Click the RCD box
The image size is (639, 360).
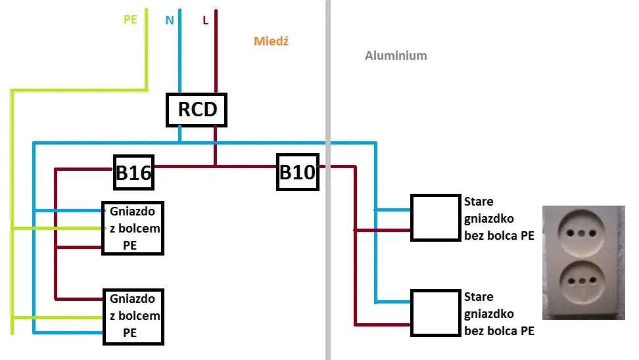(x=196, y=109)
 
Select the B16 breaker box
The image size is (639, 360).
(x=133, y=173)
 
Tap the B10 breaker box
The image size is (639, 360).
(x=297, y=173)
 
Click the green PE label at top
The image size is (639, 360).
(x=130, y=20)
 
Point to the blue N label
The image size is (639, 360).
(x=170, y=20)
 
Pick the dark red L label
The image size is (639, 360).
(x=206, y=20)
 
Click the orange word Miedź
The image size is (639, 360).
(x=271, y=41)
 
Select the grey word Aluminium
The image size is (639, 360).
(x=396, y=56)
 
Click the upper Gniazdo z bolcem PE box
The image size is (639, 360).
(x=132, y=228)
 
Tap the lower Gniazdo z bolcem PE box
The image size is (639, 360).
(x=132, y=316)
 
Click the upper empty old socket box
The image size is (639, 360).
(x=435, y=217)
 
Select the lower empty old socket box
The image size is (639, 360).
(x=435, y=313)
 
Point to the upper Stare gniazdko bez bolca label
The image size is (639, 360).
(x=498, y=218)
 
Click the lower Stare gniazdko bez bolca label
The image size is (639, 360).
(x=498, y=314)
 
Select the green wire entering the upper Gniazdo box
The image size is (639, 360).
(x=59, y=228)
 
